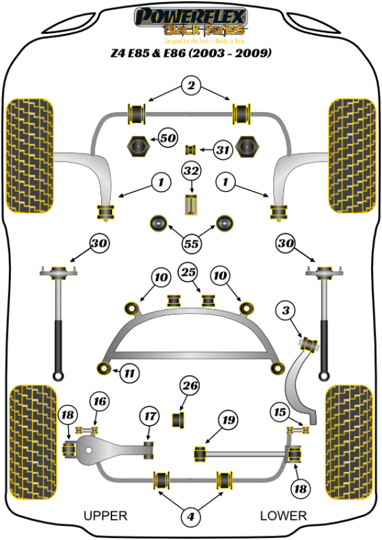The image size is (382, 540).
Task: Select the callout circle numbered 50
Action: [167, 138]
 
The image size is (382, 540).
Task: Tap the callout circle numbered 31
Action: [222, 150]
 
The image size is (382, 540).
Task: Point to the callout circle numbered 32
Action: [191, 171]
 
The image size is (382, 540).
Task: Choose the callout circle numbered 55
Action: [191, 243]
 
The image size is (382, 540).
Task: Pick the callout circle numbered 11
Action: [130, 372]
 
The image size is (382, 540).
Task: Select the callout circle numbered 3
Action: [286, 311]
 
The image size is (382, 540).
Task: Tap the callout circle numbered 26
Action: [190, 385]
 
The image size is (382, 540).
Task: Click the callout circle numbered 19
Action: [227, 420]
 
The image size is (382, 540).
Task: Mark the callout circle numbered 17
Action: [150, 416]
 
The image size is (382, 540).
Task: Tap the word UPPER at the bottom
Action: [106, 515]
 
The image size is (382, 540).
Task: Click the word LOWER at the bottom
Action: [283, 515]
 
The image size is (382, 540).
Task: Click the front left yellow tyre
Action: [29, 155]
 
